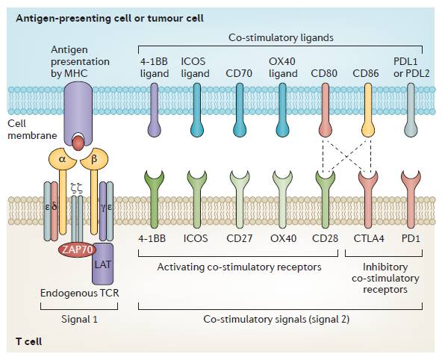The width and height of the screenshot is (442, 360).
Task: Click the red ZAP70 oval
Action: [x=77, y=249]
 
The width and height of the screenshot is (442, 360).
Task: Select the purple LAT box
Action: [x=103, y=264]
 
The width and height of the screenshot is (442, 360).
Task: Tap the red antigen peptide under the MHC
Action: [x=78, y=143]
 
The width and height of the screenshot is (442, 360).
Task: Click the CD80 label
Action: [x=324, y=74]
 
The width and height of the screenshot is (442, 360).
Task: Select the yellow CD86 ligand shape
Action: [x=368, y=110]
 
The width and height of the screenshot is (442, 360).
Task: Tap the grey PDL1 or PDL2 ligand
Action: [x=411, y=110]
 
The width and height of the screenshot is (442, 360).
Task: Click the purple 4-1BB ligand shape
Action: [x=155, y=110]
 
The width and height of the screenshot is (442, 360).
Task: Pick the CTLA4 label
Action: [x=369, y=238]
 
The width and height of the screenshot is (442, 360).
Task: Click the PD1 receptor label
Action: [x=411, y=238]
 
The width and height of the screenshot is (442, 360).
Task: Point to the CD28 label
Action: [x=325, y=238]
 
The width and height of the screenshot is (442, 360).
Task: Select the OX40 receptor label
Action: [x=283, y=238]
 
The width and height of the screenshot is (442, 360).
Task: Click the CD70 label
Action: [x=239, y=74]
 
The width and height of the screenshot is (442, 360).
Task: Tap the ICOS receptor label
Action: [x=196, y=238]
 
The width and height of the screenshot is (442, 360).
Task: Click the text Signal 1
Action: [x=79, y=319]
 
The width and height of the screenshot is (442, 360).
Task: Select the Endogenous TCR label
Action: [x=79, y=293]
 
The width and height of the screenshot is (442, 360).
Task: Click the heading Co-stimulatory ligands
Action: [x=281, y=37]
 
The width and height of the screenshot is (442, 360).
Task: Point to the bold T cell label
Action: [x=29, y=341]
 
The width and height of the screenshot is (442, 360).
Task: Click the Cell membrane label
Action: [x=32, y=129]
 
